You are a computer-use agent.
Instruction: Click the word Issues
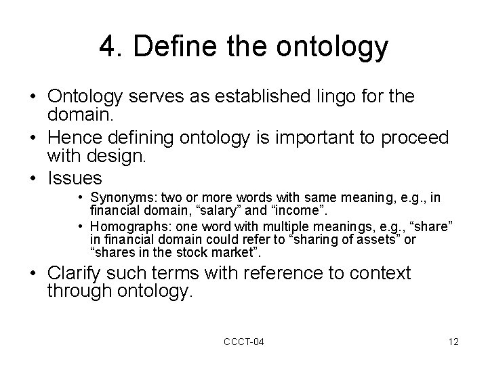[75, 178]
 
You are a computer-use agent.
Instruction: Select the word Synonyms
[119, 198]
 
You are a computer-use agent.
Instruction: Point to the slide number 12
[453, 342]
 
